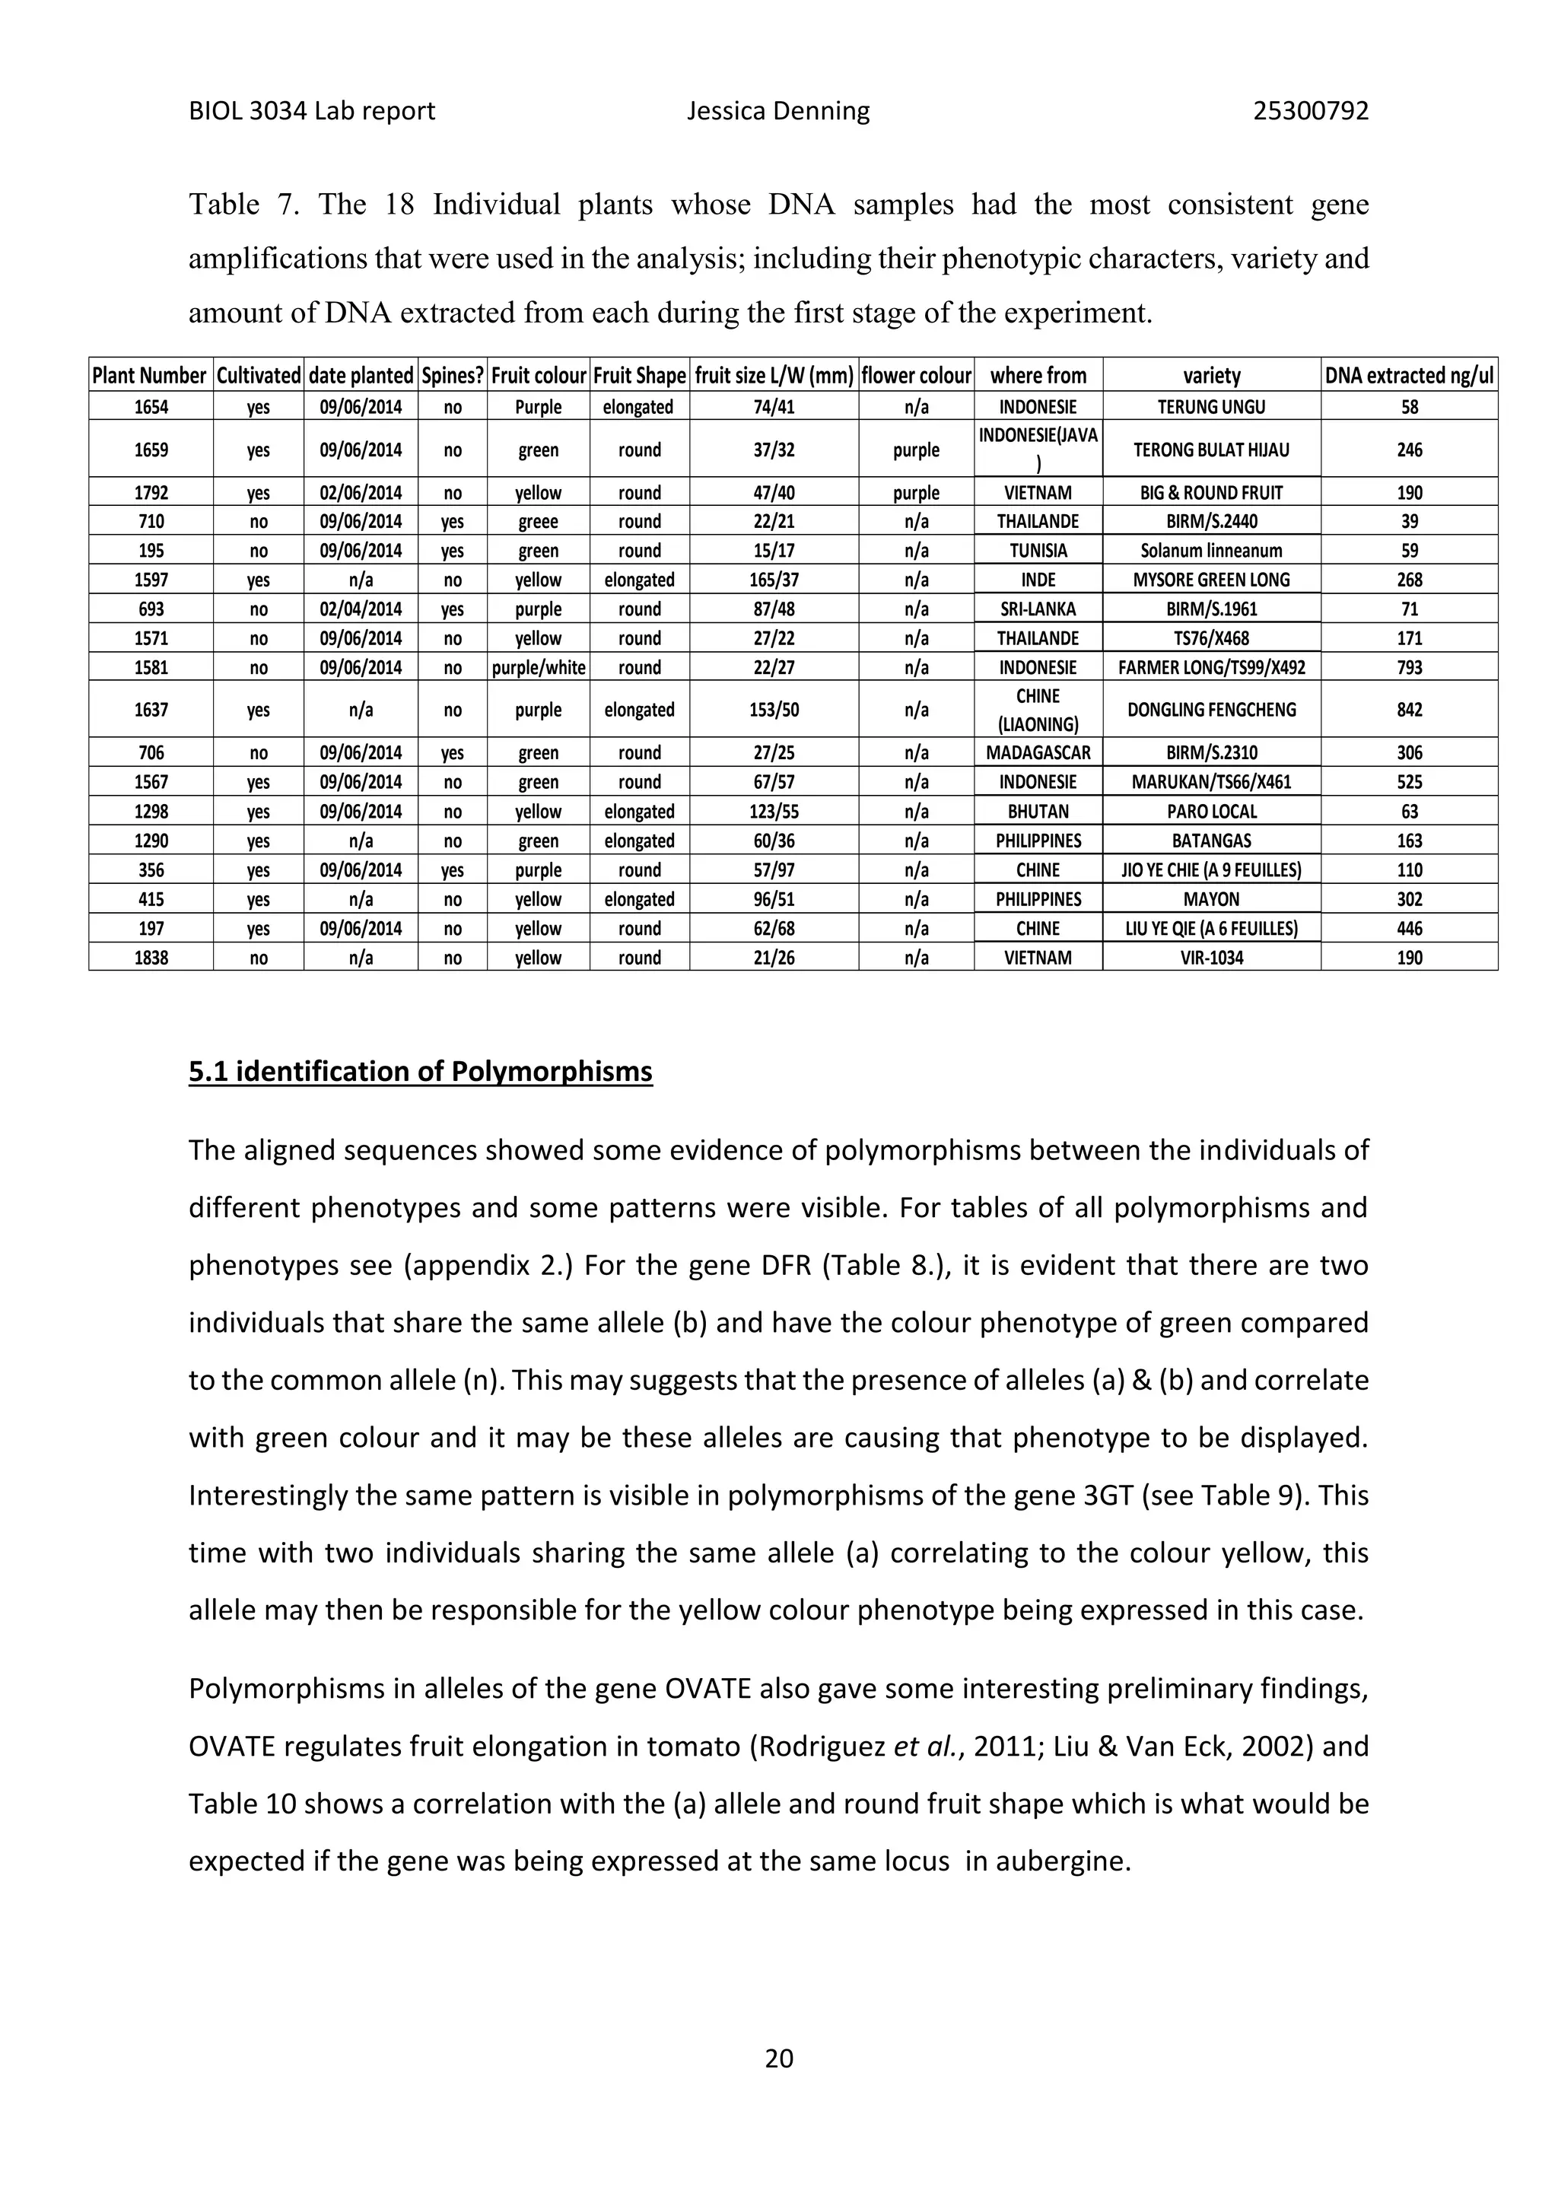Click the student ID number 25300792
pos(1311,111)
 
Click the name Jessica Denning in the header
pos(778,111)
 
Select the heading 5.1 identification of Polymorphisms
pos(420,1071)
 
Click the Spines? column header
pos(453,376)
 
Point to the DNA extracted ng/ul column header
pos(1408,376)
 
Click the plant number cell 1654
pos(151,407)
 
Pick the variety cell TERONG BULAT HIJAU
pos(1210,450)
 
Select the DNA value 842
pos(1408,710)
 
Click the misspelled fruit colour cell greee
pos(538,522)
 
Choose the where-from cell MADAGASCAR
pos(1038,753)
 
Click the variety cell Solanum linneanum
pos(1210,551)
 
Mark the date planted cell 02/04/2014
pos(361,609)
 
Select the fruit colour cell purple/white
pos(538,668)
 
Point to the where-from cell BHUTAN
pos(1038,812)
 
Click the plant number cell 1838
pos(151,958)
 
